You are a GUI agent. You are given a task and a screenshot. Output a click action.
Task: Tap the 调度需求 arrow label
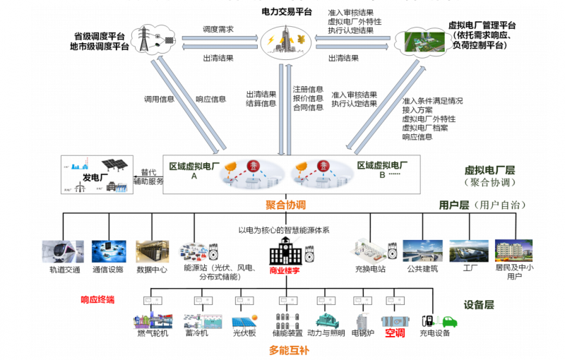pyautogui.click(x=218, y=30)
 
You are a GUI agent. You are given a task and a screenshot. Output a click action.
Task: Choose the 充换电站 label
pyautogui.click(x=370, y=270)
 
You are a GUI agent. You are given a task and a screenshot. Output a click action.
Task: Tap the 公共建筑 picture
pyautogui.click(x=422, y=251)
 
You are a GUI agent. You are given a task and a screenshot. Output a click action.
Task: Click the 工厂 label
pyautogui.click(x=471, y=270)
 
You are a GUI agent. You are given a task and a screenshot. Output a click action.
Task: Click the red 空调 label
pyautogui.click(x=394, y=332)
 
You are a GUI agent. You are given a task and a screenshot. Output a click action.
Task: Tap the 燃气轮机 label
pyautogui.click(x=153, y=333)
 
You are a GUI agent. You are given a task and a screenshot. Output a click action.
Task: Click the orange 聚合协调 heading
pyautogui.click(x=285, y=205)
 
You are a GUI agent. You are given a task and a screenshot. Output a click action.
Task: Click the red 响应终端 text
pyautogui.click(x=100, y=299)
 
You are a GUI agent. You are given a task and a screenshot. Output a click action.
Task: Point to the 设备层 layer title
pyautogui.click(x=478, y=305)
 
